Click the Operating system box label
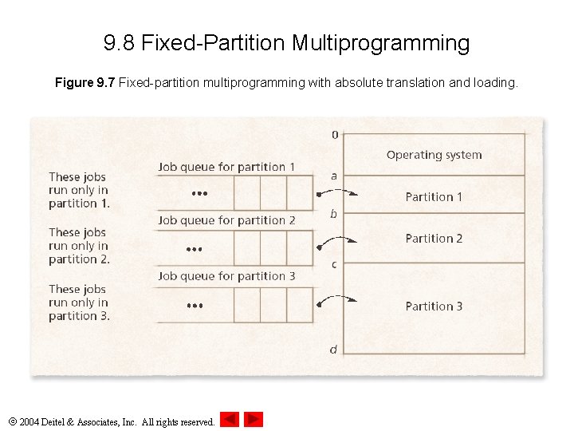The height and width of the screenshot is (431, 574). tap(434, 155)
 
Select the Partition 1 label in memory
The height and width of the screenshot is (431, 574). tap(434, 196)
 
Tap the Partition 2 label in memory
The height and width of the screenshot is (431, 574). tap(434, 238)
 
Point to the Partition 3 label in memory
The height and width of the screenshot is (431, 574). tap(434, 306)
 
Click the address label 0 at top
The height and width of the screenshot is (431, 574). tap(335, 134)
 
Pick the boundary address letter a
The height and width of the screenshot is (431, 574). tap(334, 176)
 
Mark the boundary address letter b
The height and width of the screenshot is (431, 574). tap(334, 213)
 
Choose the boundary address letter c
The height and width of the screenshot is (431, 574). tap(334, 264)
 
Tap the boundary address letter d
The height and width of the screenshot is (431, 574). tap(334, 349)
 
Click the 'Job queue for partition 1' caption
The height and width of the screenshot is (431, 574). tap(226, 167)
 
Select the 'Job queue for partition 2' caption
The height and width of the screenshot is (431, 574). tap(226, 220)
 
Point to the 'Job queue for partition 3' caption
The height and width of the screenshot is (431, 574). tap(226, 276)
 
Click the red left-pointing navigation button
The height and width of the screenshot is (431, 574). tap(230, 419)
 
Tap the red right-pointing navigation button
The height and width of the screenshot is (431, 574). tap(254, 419)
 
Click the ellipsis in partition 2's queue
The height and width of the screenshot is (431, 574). tap(195, 249)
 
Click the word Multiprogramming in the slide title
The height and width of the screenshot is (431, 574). tap(380, 42)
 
